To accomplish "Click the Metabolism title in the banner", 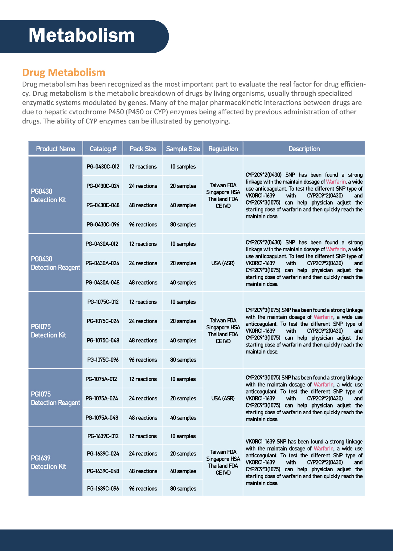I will (81, 35).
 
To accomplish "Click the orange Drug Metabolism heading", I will (64, 72).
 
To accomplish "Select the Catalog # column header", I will (103, 149).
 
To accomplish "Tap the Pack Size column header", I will (143, 149).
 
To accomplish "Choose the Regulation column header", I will (223, 149).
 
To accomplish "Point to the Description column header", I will (304, 149).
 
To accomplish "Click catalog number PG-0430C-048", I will (103, 205).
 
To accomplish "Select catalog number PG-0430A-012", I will (102, 244).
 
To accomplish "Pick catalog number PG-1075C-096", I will (103, 360).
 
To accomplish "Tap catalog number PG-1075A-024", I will (102, 398).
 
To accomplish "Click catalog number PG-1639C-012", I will (103, 436).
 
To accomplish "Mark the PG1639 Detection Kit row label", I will (48, 462).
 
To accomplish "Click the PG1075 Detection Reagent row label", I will (55, 398).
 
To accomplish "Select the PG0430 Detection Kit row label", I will (48, 196).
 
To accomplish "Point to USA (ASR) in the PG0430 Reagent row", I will (223, 263).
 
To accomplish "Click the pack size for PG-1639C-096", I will (143, 488).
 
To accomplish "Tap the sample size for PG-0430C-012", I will (183, 167).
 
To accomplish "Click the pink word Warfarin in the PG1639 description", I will (323, 448).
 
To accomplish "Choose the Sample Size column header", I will (183, 149).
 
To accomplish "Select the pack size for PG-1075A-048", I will (143, 418).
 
